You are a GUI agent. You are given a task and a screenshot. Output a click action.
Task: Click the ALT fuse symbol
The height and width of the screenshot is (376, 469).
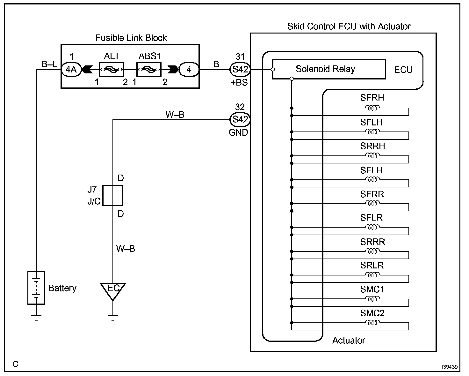click(111, 69)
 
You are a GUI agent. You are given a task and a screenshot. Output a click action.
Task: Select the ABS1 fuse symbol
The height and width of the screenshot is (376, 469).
click(149, 69)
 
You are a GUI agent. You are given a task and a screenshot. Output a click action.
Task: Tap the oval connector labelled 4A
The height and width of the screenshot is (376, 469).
click(71, 69)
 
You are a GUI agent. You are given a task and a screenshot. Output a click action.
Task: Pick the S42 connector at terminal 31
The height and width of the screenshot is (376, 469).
click(240, 69)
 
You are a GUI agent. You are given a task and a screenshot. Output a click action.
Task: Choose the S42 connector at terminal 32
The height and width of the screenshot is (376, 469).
click(240, 120)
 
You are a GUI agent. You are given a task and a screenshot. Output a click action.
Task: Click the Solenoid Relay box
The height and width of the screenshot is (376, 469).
click(329, 69)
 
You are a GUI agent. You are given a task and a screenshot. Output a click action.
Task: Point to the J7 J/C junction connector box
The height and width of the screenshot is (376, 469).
click(113, 195)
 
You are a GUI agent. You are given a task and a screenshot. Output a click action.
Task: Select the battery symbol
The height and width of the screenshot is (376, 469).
click(36, 288)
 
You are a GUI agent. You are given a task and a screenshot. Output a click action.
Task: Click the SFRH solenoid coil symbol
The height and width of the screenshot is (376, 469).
click(372, 108)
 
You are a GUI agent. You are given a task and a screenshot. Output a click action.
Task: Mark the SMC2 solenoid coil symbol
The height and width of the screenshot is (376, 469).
click(372, 323)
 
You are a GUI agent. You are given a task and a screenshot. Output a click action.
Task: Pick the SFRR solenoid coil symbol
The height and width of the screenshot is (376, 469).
click(372, 203)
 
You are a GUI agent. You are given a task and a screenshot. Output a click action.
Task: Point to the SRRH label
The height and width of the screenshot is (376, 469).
click(372, 146)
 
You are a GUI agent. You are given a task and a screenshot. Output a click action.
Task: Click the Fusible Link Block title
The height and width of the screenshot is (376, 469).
click(131, 38)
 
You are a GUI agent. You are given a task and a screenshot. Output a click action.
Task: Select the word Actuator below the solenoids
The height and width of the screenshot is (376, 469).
click(349, 341)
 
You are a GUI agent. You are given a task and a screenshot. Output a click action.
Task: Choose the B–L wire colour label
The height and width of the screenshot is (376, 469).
click(49, 64)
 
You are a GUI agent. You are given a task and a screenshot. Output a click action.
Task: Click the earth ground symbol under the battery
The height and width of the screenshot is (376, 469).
click(36, 317)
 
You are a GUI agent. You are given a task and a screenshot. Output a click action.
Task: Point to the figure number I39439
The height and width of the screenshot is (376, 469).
click(449, 367)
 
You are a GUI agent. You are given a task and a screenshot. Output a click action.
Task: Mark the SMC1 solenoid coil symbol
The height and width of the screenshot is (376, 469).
click(372, 299)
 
